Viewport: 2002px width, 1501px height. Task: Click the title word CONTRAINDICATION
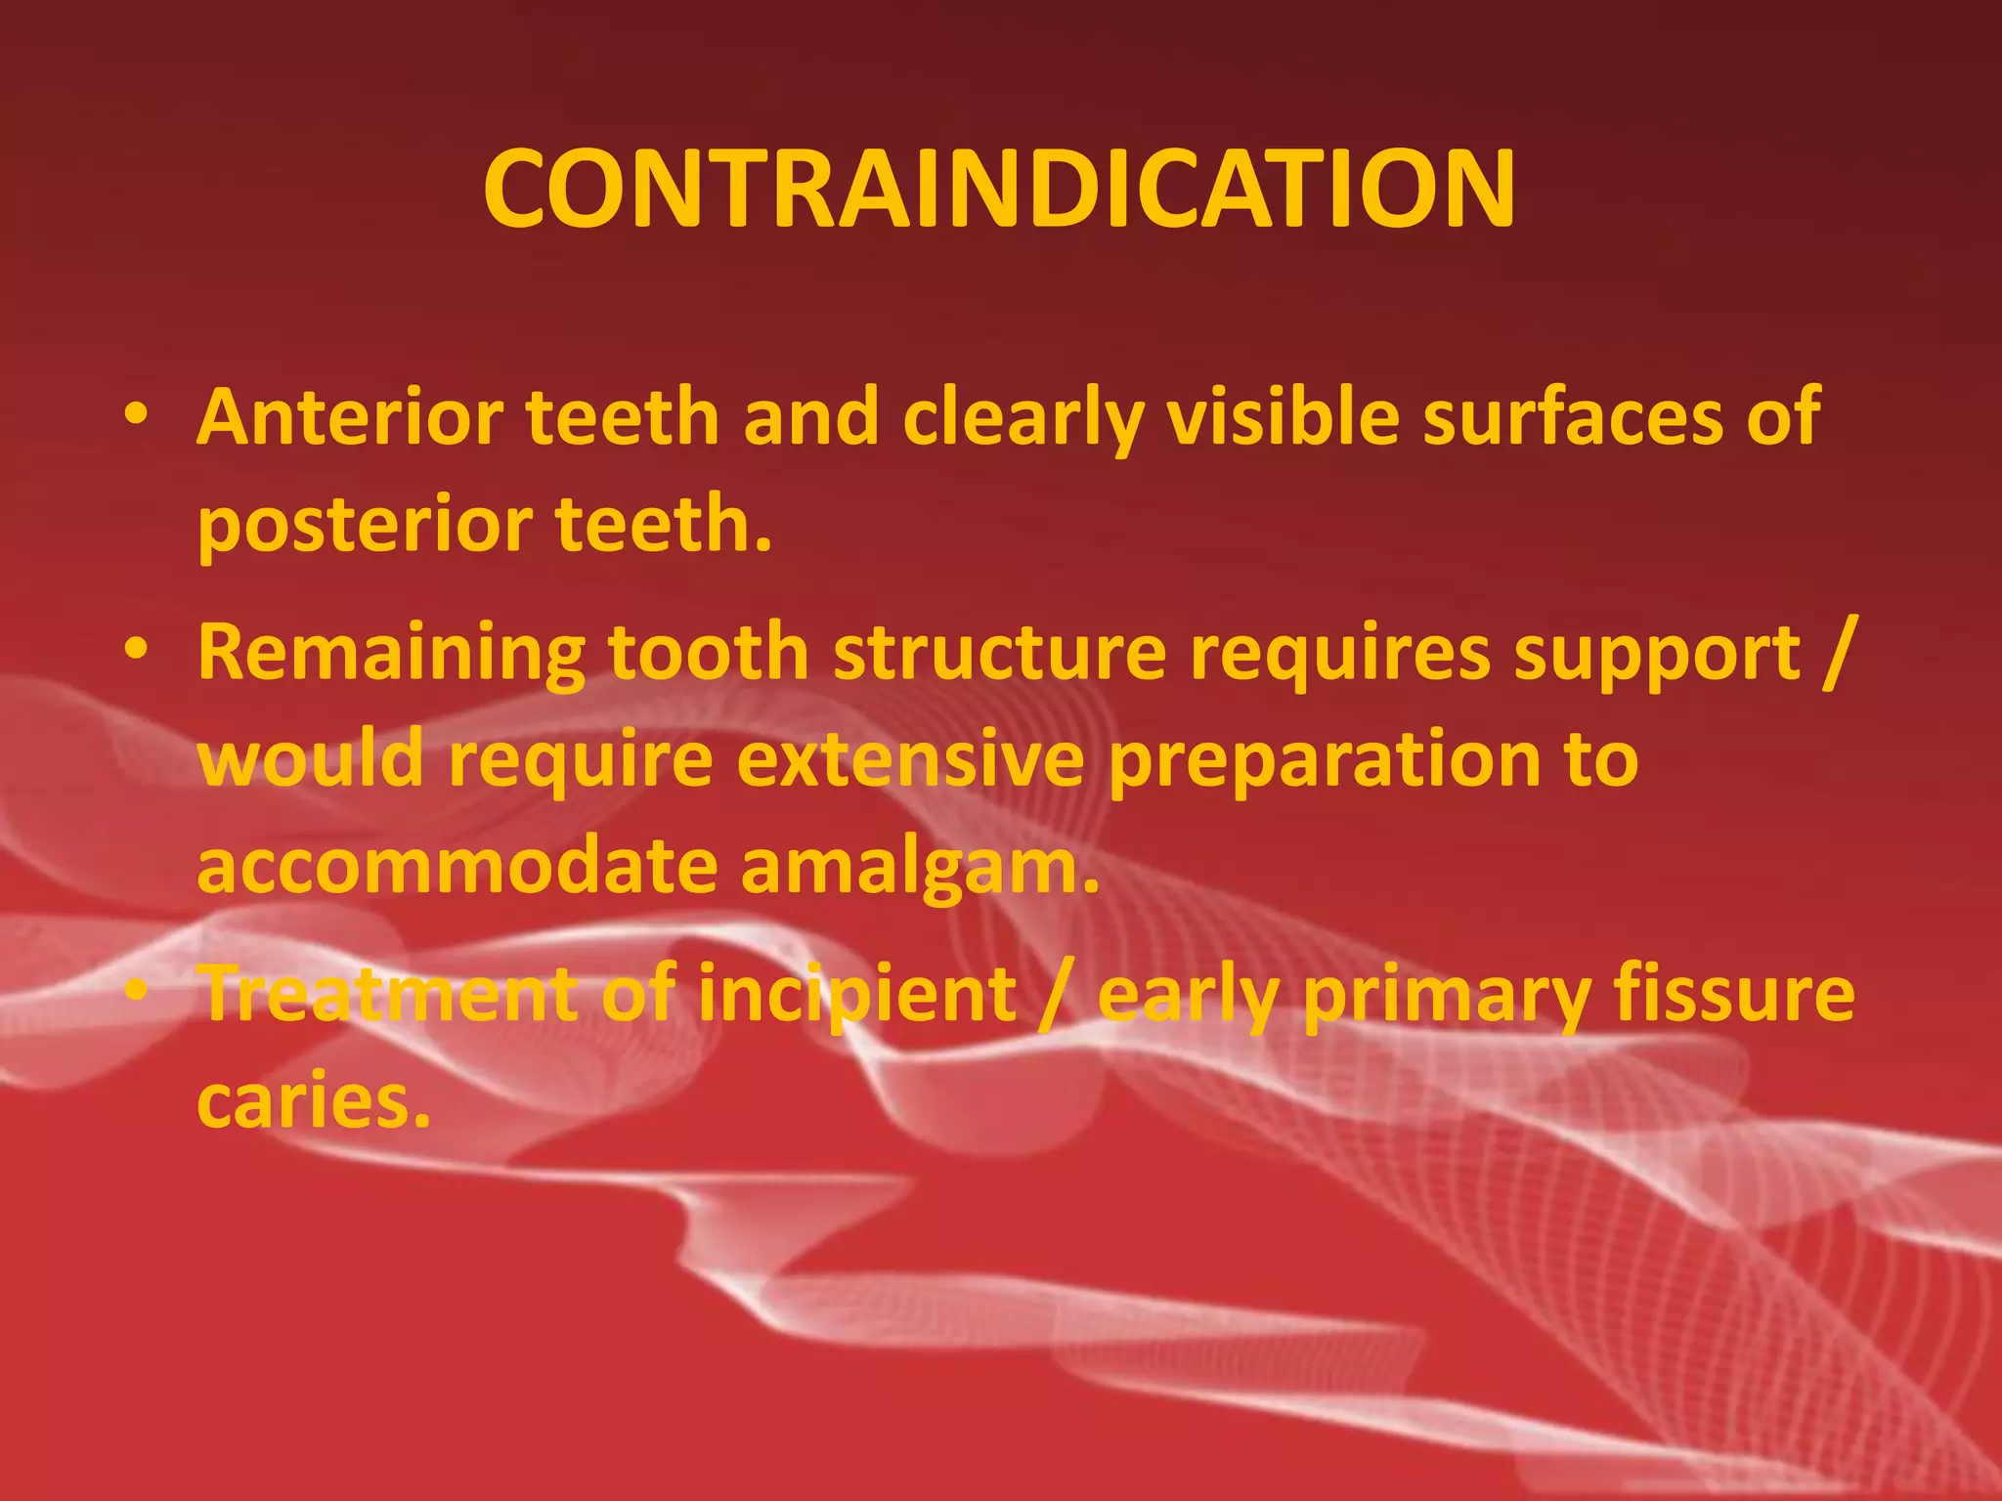tap(999, 190)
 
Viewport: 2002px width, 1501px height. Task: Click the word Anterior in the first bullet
tap(349, 417)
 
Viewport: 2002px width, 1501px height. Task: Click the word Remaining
tap(391, 655)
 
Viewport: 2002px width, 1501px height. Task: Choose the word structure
tap(999, 653)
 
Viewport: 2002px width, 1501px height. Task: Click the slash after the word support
tap(1835, 653)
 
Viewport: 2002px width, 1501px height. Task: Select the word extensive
tap(909, 760)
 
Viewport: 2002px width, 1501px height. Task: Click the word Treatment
tap(387, 994)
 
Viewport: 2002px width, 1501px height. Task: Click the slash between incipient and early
tap(1054, 995)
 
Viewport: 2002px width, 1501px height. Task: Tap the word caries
tap(313, 1102)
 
